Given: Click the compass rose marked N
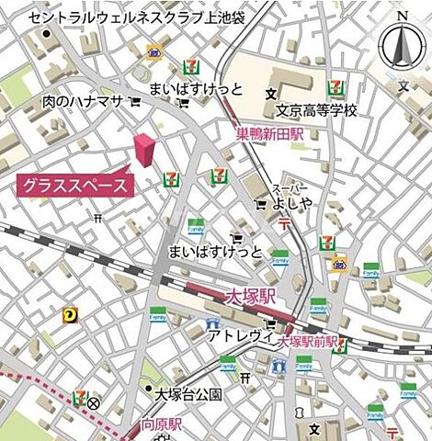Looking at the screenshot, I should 401,42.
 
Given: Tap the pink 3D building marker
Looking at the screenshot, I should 143,151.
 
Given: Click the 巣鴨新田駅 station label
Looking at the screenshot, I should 269,133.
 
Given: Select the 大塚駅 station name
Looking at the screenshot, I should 251,297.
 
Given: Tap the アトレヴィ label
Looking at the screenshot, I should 241,336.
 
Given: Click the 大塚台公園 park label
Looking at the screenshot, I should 188,394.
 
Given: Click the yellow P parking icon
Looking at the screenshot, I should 69,315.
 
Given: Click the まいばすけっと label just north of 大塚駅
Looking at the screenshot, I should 215,252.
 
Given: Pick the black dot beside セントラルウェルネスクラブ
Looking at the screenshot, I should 46,35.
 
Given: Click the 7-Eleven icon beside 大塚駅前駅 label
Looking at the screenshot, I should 340,345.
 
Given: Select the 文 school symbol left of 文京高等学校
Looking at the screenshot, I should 270,94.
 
